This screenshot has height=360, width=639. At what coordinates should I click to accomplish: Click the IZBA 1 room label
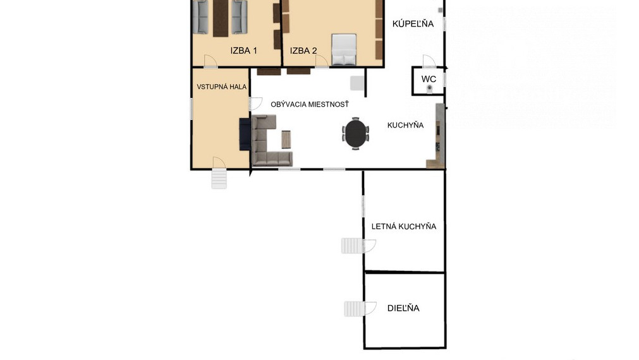tap(244, 51)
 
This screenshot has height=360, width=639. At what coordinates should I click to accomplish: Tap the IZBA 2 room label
tap(303, 51)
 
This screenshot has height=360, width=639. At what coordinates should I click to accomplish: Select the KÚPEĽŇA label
tap(413, 23)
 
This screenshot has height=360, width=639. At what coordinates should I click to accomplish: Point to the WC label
tap(429, 79)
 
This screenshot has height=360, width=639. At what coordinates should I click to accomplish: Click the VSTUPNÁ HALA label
tap(222, 87)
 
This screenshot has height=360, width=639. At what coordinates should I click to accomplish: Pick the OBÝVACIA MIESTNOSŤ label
tap(310, 104)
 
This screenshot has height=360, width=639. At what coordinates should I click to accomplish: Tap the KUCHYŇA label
tap(406, 125)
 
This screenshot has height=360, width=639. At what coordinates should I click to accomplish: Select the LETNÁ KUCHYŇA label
tap(404, 227)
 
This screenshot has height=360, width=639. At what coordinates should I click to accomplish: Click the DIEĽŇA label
tap(403, 308)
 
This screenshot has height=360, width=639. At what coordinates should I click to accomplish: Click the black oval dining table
tap(356, 133)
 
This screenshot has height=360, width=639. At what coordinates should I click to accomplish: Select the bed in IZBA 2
tap(344, 49)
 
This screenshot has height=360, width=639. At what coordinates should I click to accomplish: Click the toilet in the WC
tap(430, 89)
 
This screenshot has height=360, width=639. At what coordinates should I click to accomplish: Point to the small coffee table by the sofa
tap(286, 140)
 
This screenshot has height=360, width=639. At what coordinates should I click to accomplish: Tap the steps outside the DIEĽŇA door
tap(353, 309)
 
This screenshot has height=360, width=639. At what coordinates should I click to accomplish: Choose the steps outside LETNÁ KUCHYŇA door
tap(351, 246)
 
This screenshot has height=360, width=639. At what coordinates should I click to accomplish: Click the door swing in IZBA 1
tap(210, 61)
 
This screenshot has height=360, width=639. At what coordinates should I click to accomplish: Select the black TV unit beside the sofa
tap(245, 135)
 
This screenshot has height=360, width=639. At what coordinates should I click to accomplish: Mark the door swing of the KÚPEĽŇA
tap(429, 61)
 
